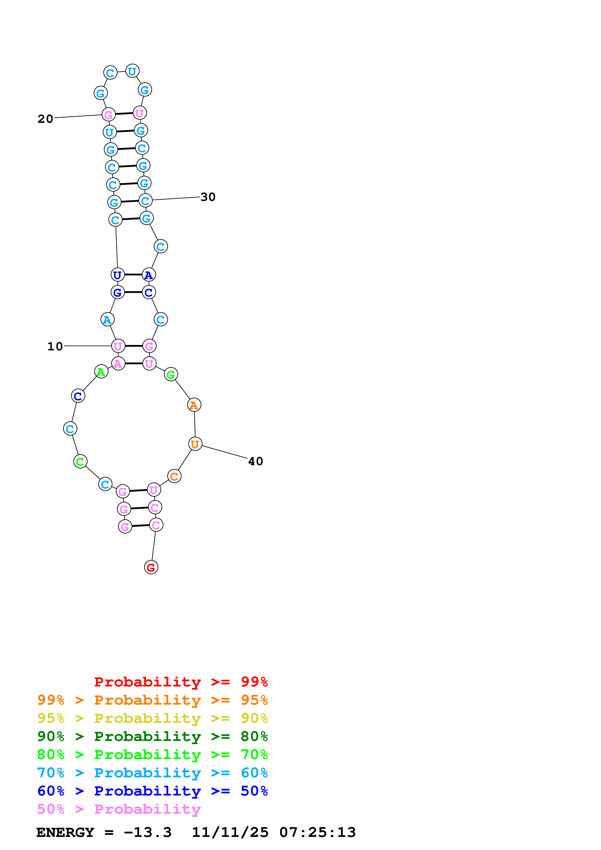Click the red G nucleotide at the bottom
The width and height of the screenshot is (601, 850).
[x=151, y=567]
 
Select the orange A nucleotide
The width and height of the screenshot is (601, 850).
[x=194, y=405]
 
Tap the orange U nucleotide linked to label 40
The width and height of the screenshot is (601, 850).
[x=195, y=444]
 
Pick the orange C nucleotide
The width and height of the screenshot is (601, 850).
[x=174, y=476]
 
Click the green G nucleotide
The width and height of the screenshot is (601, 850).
[x=171, y=375]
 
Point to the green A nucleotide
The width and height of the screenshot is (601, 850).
[x=101, y=372]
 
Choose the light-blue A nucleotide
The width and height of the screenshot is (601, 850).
[x=107, y=320]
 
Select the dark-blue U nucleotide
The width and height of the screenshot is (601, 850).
[x=117, y=275]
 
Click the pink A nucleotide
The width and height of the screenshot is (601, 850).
[x=118, y=364]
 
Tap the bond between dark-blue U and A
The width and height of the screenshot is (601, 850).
[x=133, y=275]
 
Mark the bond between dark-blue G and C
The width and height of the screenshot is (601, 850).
[x=133, y=292]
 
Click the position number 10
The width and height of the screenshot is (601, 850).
[x=55, y=346]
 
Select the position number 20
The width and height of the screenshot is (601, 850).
[x=46, y=119]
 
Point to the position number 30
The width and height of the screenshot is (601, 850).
[x=208, y=197]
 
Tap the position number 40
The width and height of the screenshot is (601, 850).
[x=256, y=461]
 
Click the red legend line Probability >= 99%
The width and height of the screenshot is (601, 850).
[x=181, y=682]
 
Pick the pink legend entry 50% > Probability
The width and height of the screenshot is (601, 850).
[x=119, y=809]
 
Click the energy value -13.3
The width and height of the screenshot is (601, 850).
[x=147, y=833]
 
